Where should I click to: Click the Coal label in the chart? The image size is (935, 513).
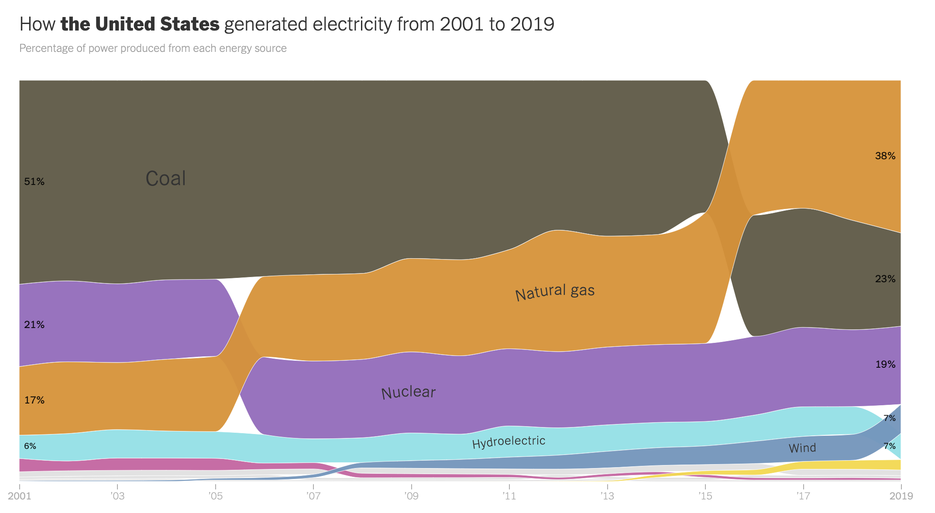click(165, 179)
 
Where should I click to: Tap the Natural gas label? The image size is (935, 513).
click(555, 292)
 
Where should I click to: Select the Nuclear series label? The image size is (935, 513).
click(408, 393)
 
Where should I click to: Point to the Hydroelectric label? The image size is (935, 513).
click(509, 442)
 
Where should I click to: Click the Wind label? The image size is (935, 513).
click(802, 448)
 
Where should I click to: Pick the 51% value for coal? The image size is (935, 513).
click(34, 182)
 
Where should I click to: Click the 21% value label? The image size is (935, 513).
click(34, 325)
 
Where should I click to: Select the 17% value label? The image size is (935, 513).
click(34, 400)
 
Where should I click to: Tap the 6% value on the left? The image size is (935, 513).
click(30, 446)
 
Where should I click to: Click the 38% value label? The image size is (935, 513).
click(885, 156)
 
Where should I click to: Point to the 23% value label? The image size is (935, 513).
click(885, 279)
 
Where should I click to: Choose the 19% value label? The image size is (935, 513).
click(885, 365)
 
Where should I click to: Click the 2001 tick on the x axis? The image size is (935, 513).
click(20, 496)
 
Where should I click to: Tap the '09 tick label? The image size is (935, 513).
click(411, 496)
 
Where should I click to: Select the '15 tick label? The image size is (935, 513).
click(705, 496)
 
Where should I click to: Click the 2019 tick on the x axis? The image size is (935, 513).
click(901, 496)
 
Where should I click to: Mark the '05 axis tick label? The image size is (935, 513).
click(215, 496)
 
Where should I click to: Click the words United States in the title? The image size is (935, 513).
click(157, 24)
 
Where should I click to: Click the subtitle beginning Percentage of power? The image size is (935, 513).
click(153, 48)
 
